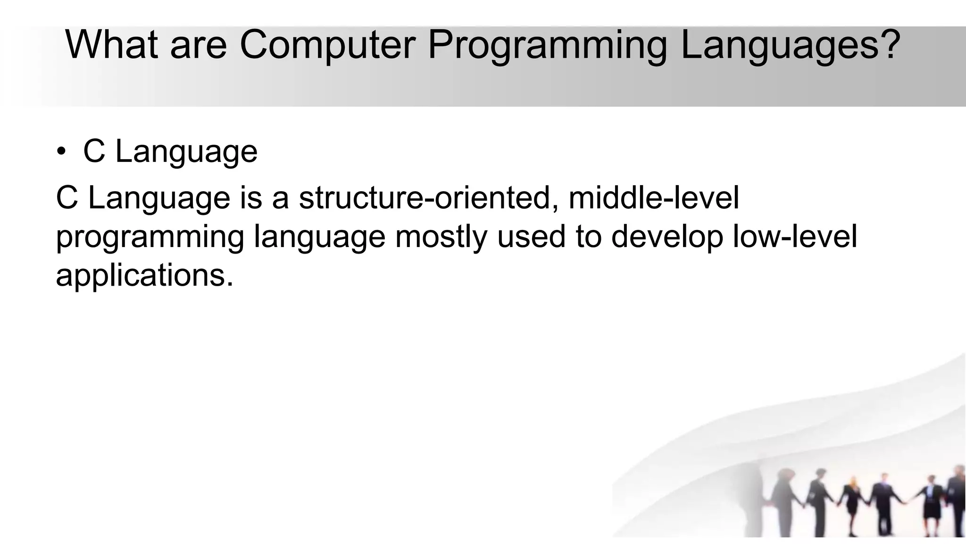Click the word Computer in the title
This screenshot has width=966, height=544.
pyautogui.click(x=327, y=45)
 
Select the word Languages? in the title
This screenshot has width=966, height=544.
pyautogui.click(x=791, y=46)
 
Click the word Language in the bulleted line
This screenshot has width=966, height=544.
pyautogui.click(x=186, y=153)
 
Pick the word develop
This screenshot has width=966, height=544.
pyautogui.click(x=667, y=237)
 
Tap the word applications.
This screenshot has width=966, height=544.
pyautogui.click(x=144, y=276)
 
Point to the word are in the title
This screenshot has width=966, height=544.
pyautogui.click(x=198, y=46)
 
